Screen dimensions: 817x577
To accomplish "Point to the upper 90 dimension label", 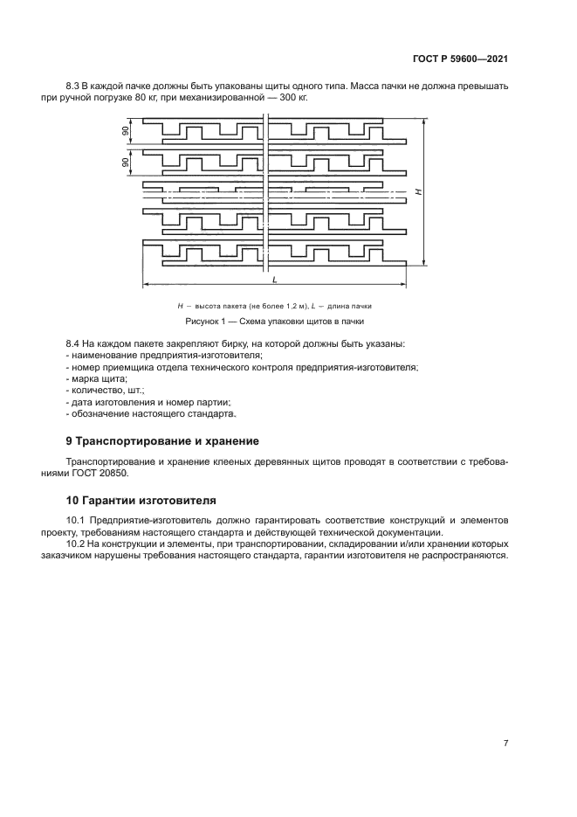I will point(126,131).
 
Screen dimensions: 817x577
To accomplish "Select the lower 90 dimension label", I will point(126,163).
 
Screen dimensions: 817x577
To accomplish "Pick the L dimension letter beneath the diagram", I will point(274,279).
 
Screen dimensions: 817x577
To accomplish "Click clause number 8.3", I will point(75,86).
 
